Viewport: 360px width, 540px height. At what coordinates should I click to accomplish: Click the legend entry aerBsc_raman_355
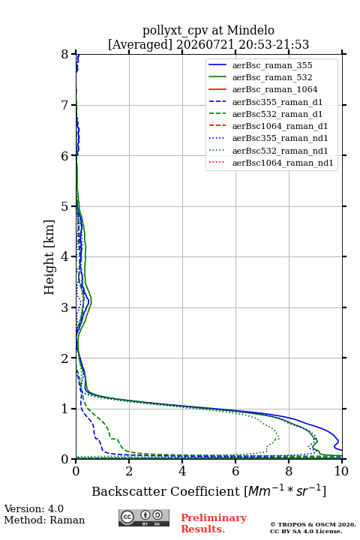pyautogui.click(x=272, y=65)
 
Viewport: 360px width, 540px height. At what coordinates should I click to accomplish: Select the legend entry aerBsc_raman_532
pyautogui.click(x=272, y=77)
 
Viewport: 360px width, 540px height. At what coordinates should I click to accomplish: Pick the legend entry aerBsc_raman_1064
pyautogui.click(x=275, y=89)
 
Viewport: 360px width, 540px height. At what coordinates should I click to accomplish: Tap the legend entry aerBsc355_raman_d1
pyautogui.click(x=277, y=102)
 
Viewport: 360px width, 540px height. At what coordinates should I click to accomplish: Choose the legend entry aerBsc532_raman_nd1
pyautogui.click(x=280, y=151)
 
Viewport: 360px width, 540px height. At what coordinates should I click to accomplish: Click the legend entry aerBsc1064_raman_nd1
pyautogui.click(x=283, y=163)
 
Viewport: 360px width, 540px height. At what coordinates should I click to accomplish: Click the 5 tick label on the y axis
pyautogui.click(x=65, y=206)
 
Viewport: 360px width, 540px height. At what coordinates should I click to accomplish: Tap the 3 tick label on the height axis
pyautogui.click(x=65, y=307)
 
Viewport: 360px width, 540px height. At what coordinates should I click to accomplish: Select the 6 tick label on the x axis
pyautogui.click(x=235, y=471)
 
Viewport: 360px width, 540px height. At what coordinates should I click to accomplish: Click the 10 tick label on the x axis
pyautogui.click(x=341, y=471)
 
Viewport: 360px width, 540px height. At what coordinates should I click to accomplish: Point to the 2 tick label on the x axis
pyautogui.click(x=129, y=471)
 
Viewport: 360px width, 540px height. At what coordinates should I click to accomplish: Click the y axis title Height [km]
pyautogui.click(x=49, y=257)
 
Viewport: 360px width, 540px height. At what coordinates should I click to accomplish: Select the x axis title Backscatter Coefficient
pyautogui.click(x=166, y=491)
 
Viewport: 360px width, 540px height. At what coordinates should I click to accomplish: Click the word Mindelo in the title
pyautogui.click(x=250, y=30)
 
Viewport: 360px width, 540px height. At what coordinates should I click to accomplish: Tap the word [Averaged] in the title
pyautogui.click(x=140, y=45)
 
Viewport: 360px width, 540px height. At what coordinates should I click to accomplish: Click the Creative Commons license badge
pyautogui.click(x=144, y=517)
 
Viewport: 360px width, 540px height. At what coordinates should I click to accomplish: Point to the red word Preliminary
pyautogui.click(x=214, y=518)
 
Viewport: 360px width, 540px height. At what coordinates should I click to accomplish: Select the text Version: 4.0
pyautogui.click(x=34, y=508)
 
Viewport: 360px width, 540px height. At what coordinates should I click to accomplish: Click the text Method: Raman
pyautogui.click(x=44, y=520)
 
